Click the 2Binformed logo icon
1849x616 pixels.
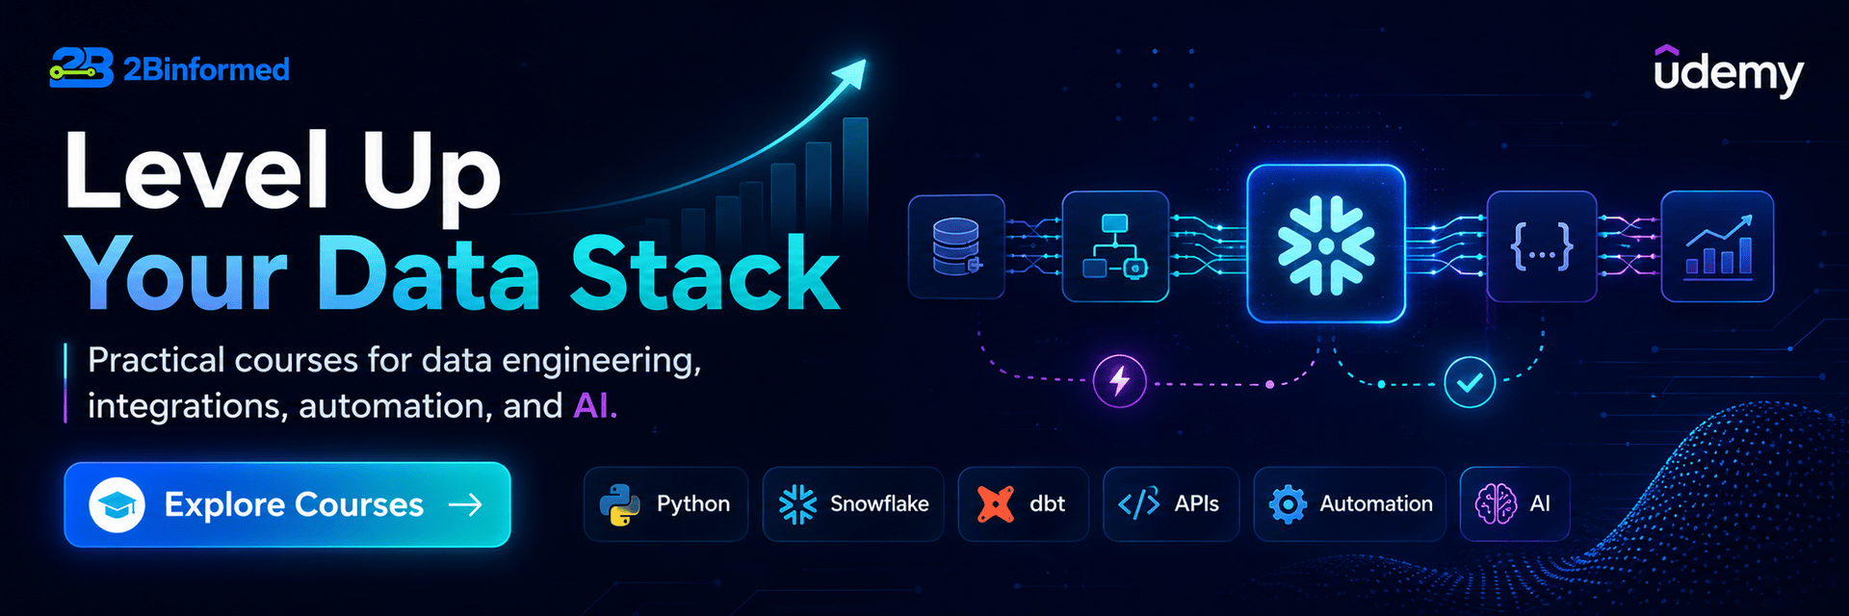(x=82, y=68)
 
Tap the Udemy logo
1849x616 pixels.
(x=1729, y=71)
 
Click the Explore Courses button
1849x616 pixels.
(x=287, y=504)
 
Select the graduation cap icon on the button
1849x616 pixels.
(x=117, y=504)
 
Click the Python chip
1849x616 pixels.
(x=665, y=503)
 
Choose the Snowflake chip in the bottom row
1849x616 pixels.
(x=853, y=503)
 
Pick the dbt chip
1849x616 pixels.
(x=1024, y=503)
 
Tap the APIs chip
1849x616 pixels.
(x=1171, y=503)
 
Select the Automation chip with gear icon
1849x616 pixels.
(x=1350, y=503)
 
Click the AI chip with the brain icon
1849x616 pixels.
(x=1515, y=503)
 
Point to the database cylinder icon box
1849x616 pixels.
(x=956, y=246)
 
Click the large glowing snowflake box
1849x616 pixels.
(x=1326, y=244)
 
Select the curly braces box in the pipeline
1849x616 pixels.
(x=1542, y=246)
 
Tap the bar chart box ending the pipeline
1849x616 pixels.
(x=1717, y=246)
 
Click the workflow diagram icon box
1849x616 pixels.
(x=1115, y=246)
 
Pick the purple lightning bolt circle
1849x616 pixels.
(x=1119, y=381)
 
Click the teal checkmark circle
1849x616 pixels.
(x=1470, y=382)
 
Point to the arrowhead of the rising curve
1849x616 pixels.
(x=850, y=73)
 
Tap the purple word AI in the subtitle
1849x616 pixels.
(x=595, y=405)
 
